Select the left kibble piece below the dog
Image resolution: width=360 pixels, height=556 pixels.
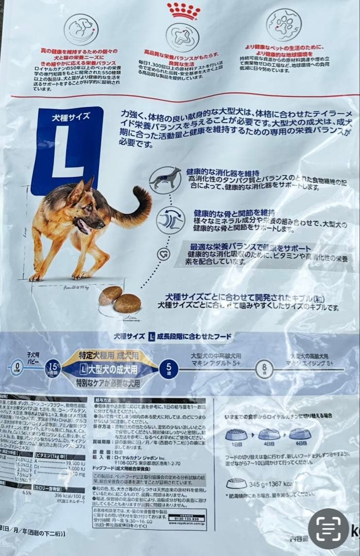tap(110, 295)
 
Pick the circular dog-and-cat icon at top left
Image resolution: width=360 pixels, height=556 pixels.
tap(79, 29)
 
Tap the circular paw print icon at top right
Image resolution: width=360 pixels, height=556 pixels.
tap(284, 24)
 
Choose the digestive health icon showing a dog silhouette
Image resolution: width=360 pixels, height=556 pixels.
tap(165, 180)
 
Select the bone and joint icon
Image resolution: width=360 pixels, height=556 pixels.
tap(170, 220)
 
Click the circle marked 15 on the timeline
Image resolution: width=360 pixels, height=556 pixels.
tap(53, 369)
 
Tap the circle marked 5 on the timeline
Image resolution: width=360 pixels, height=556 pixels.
tap(168, 369)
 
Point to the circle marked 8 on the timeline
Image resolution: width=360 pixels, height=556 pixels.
tap(264, 369)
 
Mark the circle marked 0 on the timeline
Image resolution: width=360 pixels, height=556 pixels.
tap(16, 369)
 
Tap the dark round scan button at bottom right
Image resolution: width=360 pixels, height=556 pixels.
tap(329, 529)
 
